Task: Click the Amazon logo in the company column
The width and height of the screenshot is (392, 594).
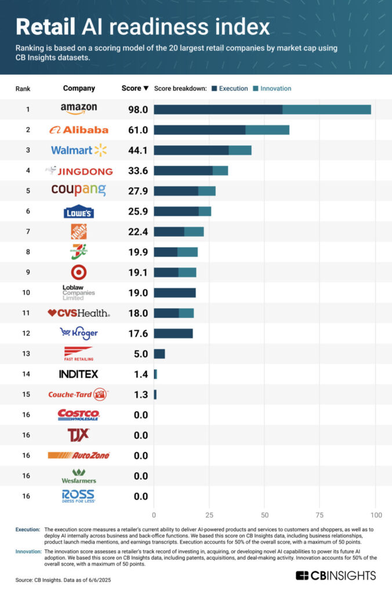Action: [x=79, y=109]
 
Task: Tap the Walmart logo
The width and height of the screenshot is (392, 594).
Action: [x=79, y=150]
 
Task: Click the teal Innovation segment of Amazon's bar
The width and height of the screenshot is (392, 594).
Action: [x=326, y=110]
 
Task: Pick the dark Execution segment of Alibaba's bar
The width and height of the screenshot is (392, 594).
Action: [x=199, y=130]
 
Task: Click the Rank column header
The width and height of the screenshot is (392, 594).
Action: [x=23, y=89]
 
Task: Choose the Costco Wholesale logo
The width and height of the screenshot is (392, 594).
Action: [x=79, y=415]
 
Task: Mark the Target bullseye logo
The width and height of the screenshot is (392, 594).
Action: [x=79, y=272]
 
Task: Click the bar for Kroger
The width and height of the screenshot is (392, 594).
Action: [x=173, y=333]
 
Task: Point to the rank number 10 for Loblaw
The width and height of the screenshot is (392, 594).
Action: [x=27, y=292]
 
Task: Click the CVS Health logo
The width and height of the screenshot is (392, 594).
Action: [x=79, y=313]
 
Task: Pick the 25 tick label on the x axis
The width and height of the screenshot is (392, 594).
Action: [x=209, y=515]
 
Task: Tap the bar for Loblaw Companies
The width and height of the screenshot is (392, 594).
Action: [x=175, y=292]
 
